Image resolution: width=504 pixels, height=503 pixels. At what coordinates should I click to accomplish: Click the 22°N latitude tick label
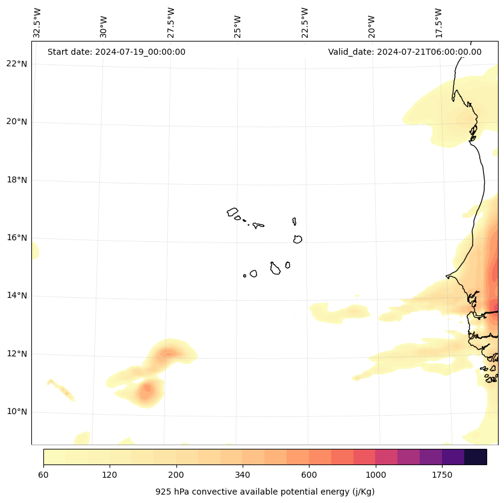click(x=17, y=64)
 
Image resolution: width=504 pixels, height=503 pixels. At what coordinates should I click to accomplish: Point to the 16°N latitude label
click(x=17, y=238)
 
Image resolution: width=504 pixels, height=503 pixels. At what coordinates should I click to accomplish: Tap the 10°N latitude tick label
click(x=17, y=412)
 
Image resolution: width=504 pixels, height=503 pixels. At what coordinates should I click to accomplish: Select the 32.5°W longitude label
click(x=37, y=23)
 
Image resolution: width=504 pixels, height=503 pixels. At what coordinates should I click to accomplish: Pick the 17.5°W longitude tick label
click(x=438, y=23)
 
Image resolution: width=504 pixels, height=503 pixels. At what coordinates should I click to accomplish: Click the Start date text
click(x=116, y=52)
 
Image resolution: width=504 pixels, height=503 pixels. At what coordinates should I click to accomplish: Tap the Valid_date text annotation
click(x=405, y=52)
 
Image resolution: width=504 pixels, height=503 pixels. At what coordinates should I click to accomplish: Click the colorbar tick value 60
click(x=43, y=475)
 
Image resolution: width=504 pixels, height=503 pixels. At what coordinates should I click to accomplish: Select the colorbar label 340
click(x=243, y=475)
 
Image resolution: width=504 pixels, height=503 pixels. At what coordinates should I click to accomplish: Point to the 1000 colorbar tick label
click(x=376, y=475)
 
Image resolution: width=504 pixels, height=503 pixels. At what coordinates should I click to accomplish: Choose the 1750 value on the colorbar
click(x=442, y=475)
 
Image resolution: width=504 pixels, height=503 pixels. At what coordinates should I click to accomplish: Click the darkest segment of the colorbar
click(x=476, y=457)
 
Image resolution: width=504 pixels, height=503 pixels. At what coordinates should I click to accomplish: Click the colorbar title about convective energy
click(x=265, y=492)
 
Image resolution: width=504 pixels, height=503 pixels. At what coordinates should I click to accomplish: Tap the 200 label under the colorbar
click(x=176, y=475)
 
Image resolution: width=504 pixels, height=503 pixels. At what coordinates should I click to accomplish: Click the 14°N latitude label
click(x=17, y=295)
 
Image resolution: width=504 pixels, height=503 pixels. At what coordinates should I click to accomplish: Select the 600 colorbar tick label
click(x=309, y=475)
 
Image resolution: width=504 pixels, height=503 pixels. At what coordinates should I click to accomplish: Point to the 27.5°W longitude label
click(x=171, y=23)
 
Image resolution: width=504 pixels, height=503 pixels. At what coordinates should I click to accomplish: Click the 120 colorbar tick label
click(x=110, y=475)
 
